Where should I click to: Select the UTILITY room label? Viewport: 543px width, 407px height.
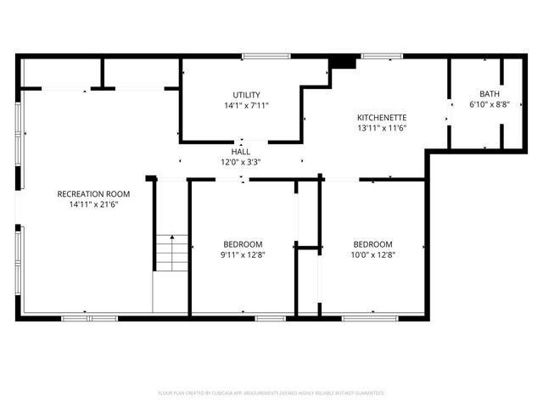pyautogui.click(x=247, y=95)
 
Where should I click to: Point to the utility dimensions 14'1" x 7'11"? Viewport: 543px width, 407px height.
pyautogui.click(x=247, y=105)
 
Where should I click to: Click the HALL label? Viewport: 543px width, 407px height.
pyautogui.click(x=241, y=151)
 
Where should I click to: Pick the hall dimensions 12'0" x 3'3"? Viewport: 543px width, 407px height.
pyautogui.click(x=241, y=161)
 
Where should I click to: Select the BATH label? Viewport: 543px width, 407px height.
pyautogui.click(x=489, y=94)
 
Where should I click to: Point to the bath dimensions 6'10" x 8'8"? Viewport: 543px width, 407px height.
pyautogui.click(x=489, y=104)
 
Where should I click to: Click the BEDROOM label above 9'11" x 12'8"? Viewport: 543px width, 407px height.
pyautogui.click(x=243, y=243)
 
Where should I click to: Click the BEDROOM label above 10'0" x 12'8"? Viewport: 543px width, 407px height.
pyautogui.click(x=372, y=243)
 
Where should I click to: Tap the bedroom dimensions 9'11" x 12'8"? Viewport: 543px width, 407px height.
pyautogui.click(x=243, y=254)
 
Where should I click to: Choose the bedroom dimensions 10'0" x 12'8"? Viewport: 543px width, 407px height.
pyautogui.click(x=372, y=254)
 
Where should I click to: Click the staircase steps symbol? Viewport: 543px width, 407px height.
pyautogui.click(x=171, y=252)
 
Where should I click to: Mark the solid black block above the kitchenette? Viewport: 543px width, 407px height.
pyautogui.click(x=343, y=62)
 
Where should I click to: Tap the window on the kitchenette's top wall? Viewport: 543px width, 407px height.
pyautogui.click(x=381, y=56)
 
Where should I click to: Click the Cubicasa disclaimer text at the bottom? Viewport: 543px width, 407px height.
pyautogui.click(x=271, y=393)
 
